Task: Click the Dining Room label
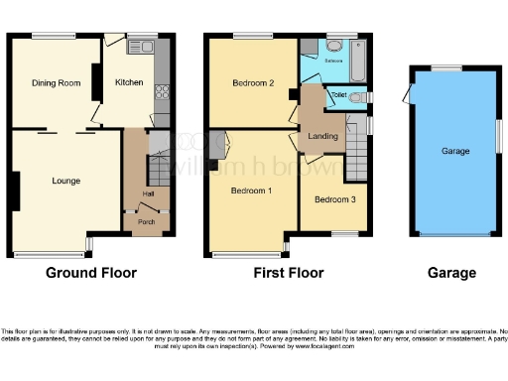point(56,83)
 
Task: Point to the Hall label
point(148,193)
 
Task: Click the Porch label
point(146,221)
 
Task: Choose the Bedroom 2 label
point(253,83)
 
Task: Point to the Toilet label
point(337,96)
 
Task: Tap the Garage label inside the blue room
point(455,151)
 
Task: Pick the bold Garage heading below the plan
point(451,273)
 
